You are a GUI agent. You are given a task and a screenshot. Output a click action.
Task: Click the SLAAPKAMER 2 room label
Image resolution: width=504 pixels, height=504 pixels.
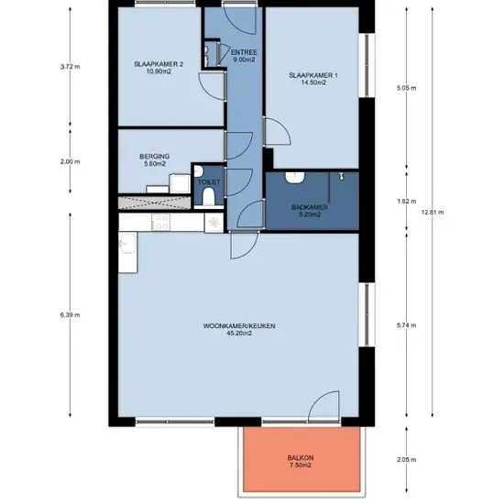(x=159, y=64)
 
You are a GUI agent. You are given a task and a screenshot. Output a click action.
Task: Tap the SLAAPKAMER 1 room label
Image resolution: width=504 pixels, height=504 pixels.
(x=313, y=75)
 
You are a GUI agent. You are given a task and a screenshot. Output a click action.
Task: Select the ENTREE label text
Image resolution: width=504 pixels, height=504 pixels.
(x=244, y=52)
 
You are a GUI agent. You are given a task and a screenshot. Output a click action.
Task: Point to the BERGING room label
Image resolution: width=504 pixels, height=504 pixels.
(x=155, y=157)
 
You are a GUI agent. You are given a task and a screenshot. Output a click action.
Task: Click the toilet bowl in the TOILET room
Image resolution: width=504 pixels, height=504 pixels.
(x=209, y=196)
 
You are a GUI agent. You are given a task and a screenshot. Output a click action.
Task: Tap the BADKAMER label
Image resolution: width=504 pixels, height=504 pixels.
(x=310, y=207)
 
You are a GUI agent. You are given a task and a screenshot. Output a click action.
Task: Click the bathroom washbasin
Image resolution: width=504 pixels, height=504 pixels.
(x=295, y=178)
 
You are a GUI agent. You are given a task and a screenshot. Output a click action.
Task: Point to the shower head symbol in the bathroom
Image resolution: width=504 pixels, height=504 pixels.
(x=342, y=176)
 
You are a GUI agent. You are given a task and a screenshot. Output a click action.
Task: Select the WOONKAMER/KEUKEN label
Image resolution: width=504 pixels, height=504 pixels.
(x=239, y=326)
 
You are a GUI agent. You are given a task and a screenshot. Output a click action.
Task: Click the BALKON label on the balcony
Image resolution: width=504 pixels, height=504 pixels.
(x=301, y=457)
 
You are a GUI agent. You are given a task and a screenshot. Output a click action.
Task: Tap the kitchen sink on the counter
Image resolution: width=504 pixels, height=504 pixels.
(x=128, y=244)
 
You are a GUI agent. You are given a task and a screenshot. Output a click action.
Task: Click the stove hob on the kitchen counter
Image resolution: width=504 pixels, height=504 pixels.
(x=161, y=222)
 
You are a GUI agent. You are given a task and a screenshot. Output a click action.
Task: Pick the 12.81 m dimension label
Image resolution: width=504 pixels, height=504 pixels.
(x=433, y=213)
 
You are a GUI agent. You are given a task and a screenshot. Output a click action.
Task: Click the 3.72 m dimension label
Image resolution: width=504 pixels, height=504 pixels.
(x=70, y=67)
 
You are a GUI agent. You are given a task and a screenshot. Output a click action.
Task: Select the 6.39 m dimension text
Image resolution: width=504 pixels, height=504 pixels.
(x=70, y=315)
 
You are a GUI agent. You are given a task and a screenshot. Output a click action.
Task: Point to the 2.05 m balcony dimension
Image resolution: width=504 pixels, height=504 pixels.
(x=407, y=460)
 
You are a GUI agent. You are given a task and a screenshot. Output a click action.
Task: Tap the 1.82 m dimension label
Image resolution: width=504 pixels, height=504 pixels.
(x=407, y=202)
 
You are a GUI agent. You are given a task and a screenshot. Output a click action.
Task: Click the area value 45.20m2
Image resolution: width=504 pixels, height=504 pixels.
(x=239, y=334)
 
